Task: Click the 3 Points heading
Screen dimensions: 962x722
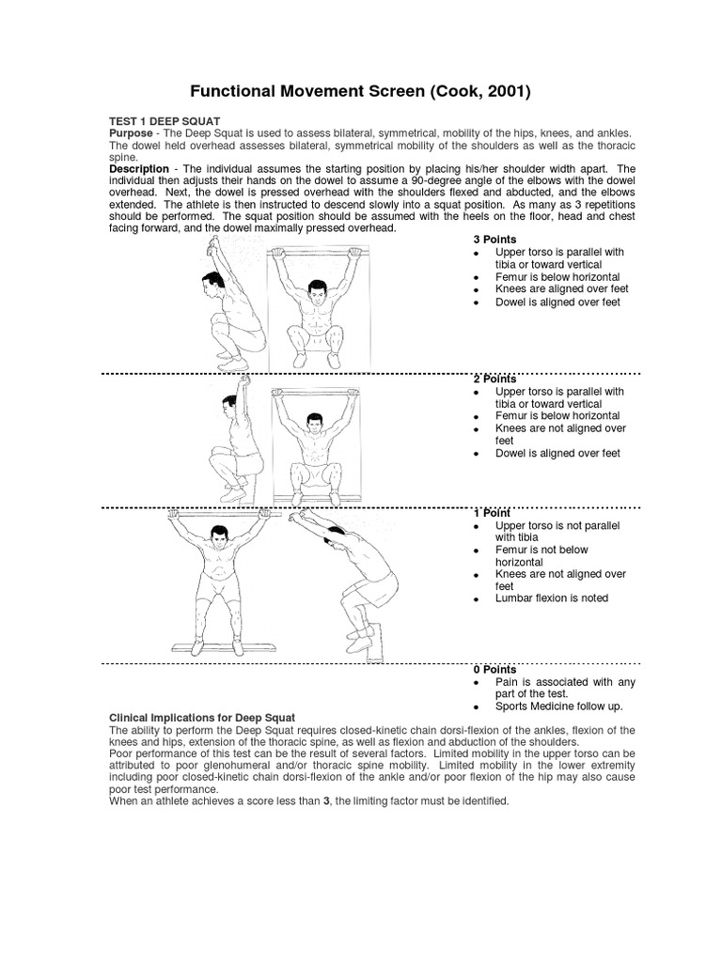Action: (494, 240)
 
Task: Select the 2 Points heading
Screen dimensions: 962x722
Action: (494, 378)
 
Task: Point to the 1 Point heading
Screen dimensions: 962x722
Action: (492, 513)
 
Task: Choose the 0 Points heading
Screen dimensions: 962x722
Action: (494, 669)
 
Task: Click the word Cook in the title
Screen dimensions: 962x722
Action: (457, 91)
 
